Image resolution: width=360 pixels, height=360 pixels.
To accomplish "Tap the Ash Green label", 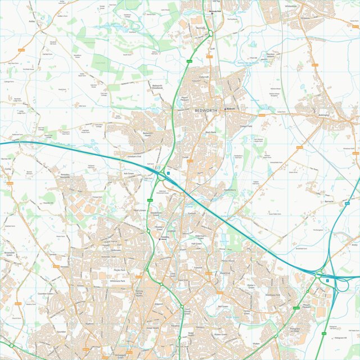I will (129, 174).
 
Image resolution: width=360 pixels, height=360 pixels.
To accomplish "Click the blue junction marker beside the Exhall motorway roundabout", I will (168, 174).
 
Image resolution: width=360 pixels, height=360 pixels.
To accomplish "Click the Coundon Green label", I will (45, 294).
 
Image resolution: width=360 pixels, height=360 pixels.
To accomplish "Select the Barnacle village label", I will (329, 200).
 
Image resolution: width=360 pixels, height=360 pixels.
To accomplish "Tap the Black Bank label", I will (211, 132).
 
